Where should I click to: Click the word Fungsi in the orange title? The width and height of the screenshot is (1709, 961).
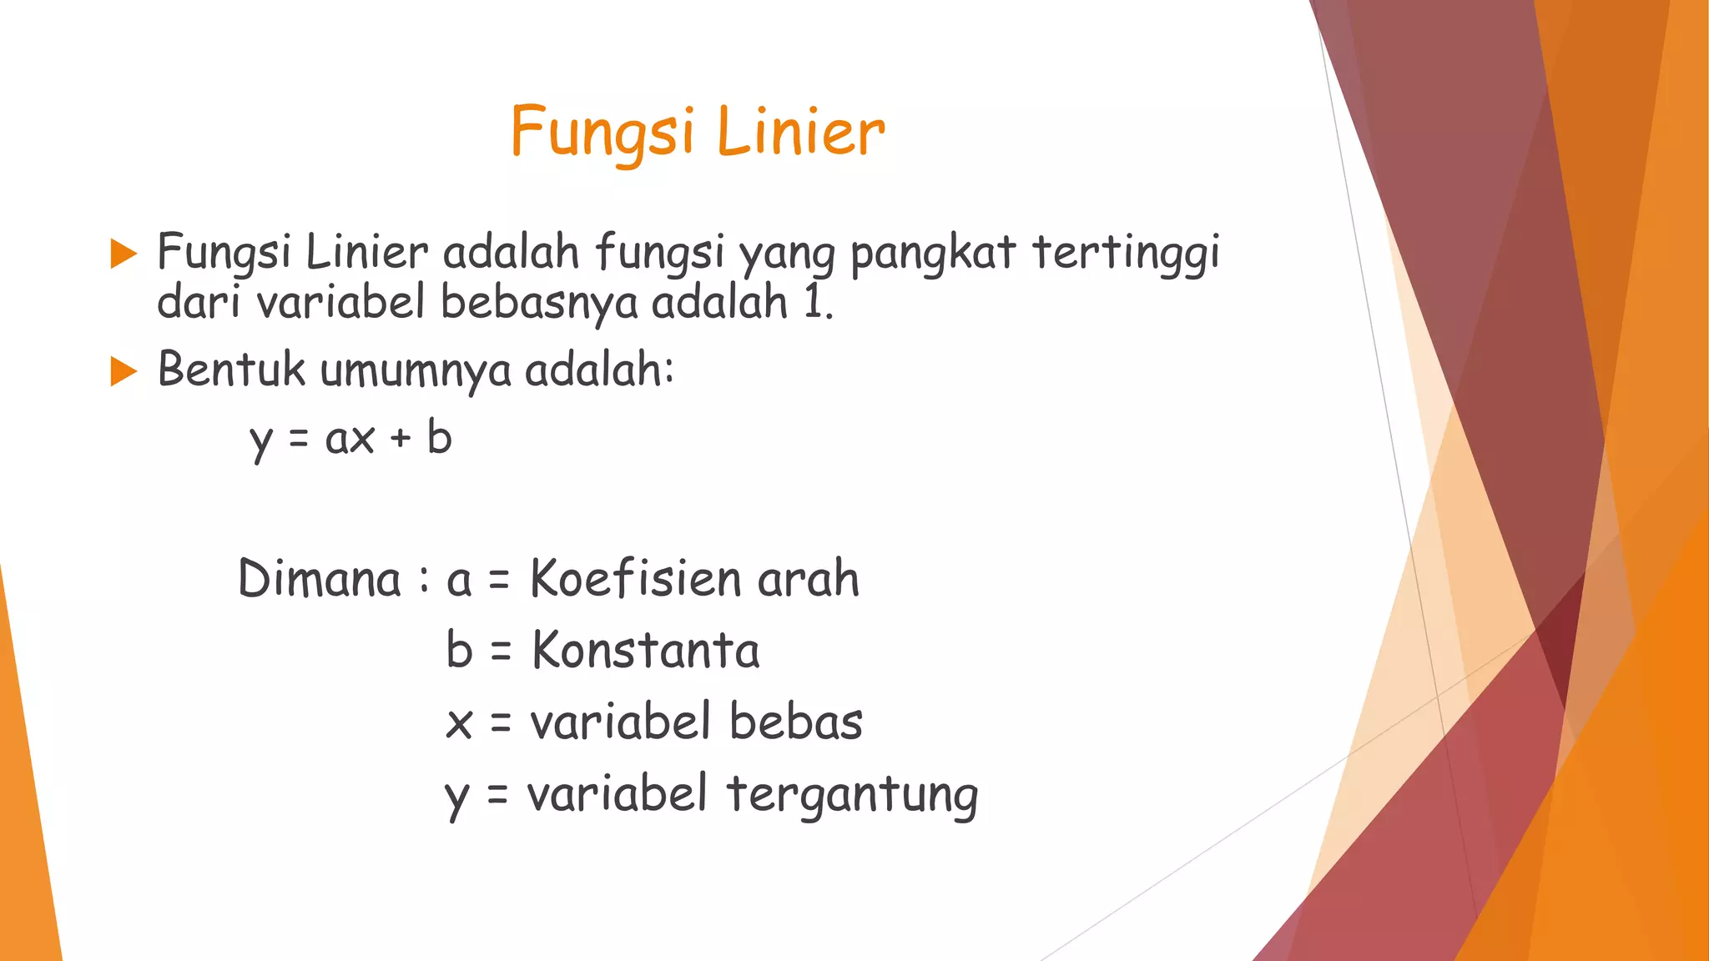tap(602, 132)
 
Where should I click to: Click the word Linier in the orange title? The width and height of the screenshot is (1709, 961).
tap(800, 132)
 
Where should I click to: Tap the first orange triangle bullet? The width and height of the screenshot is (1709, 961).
tap(124, 254)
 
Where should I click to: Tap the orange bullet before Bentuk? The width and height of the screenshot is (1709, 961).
tap(124, 371)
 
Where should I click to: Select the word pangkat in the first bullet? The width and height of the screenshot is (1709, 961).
tap(933, 254)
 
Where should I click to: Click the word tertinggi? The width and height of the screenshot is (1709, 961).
tap(1127, 254)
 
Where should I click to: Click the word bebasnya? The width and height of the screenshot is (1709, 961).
tap(539, 302)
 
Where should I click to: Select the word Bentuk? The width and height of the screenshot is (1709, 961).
tap(232, 370)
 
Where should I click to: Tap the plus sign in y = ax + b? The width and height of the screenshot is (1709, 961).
tap(401, 439)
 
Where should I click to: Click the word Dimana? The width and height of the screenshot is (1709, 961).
tap(320, 578)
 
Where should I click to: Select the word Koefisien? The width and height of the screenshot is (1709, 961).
tap(636, 578)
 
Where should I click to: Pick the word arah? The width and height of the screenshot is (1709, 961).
tap(808, 578)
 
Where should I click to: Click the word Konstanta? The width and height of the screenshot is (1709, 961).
tap(646, 651)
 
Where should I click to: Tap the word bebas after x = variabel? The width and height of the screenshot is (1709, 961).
tap(796, 722)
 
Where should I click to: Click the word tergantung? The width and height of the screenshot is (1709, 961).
tap(852, 795)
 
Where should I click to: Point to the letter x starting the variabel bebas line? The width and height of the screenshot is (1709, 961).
tap(459, 723)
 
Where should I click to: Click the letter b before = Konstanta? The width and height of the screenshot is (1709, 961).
tap(460, 649)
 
